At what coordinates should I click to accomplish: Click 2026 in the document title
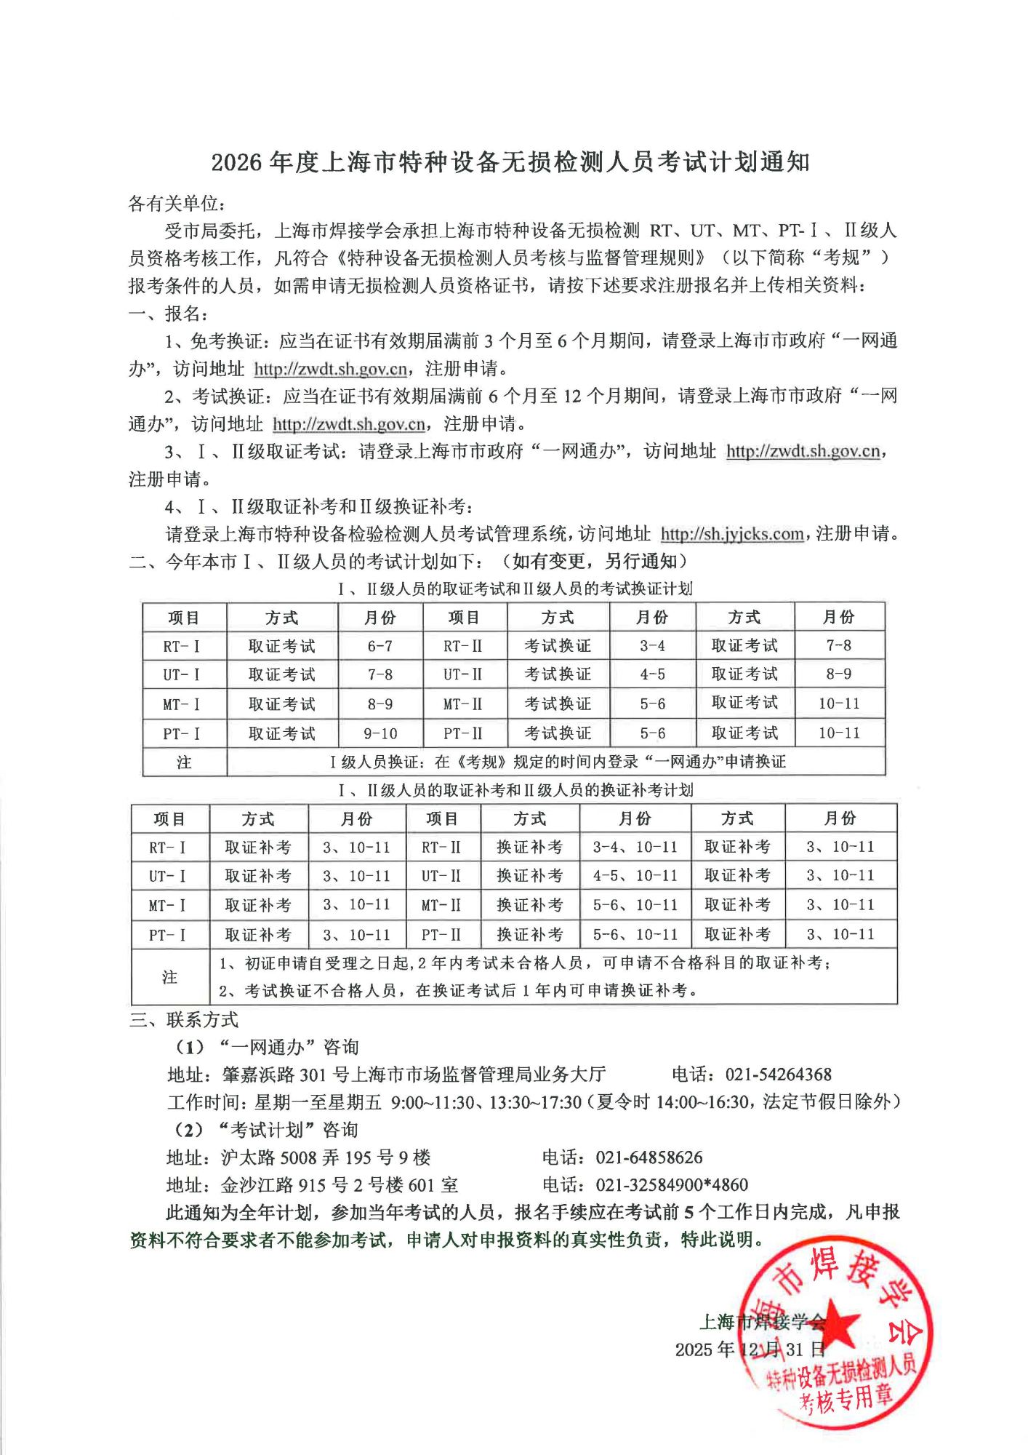tap(236, 162)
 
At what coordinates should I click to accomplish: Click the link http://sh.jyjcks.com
tap(731, 534)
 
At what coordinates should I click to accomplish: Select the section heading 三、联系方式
tap(183, 1019)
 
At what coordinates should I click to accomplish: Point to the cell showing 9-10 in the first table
tap(380, 733)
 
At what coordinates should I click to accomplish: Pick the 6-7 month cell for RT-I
tap(380, 646)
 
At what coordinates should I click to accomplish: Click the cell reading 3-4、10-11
tap(635, 847)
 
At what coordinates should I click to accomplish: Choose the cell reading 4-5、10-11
tap(635, 876)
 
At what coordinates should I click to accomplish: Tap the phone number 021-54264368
tap(778, 1075)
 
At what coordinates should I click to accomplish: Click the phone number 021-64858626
tap(648, 1157)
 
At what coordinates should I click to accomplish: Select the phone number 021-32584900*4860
tap(672, 1185)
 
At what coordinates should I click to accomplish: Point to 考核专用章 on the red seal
tap(845, 1398)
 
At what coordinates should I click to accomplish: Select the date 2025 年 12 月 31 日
tap(750, 1350)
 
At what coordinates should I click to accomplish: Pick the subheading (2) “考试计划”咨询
tap(267, 1130)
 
